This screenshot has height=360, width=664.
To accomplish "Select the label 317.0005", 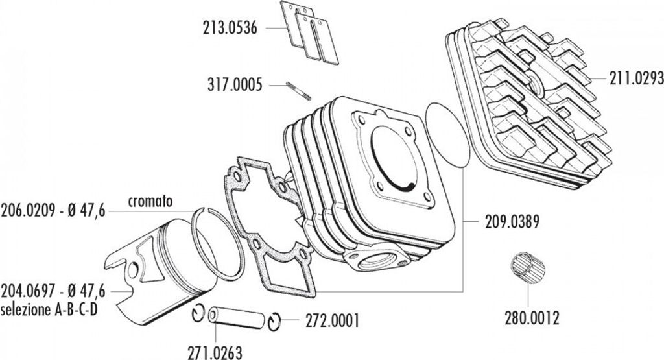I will click(235, 84).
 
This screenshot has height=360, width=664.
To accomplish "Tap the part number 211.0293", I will click(636, 79).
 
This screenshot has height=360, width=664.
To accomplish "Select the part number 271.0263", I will click(215, 353).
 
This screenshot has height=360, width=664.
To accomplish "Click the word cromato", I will click(150, 201).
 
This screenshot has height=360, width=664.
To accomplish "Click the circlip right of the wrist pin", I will click(275, 320).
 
